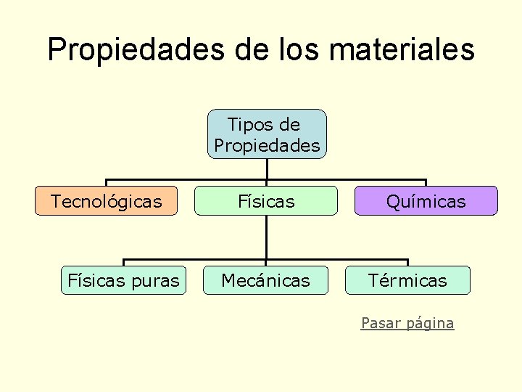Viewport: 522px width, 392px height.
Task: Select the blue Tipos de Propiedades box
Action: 267,134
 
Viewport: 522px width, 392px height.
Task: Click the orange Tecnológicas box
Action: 107,201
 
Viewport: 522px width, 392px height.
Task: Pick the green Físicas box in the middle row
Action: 267,201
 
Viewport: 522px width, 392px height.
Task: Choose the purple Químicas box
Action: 426,201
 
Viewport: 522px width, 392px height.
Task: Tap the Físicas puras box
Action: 123,280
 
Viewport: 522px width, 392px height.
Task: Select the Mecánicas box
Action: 265,280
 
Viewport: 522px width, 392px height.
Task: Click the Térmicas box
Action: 407,280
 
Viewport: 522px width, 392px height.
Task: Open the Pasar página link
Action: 407,323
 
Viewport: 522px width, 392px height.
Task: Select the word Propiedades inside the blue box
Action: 267,145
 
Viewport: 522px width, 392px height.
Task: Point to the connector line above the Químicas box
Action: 426,182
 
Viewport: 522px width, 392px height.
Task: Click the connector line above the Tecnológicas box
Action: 107,182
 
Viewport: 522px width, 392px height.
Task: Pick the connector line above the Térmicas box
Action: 407,262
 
